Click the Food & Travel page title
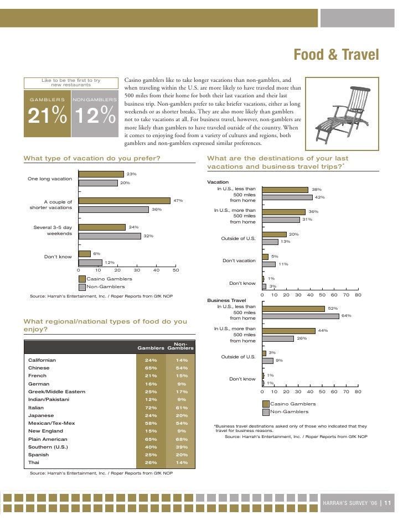tap(336, 55)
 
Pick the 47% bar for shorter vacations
tap(125, 201)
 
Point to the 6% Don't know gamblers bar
tap(85, 254)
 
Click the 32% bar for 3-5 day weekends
tap(110, 236)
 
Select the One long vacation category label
tap(50, 179)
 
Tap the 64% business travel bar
tap(301, 316)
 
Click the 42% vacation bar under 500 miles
tap(287, 197)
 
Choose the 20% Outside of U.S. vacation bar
tap(275, 235)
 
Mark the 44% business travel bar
tap(288, 331)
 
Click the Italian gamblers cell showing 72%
tap(150, 407)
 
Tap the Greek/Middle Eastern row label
tap(56, 392)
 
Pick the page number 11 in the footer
tap(387, 503)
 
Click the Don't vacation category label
tap(239, 260)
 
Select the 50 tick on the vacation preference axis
tap(176, 270)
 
